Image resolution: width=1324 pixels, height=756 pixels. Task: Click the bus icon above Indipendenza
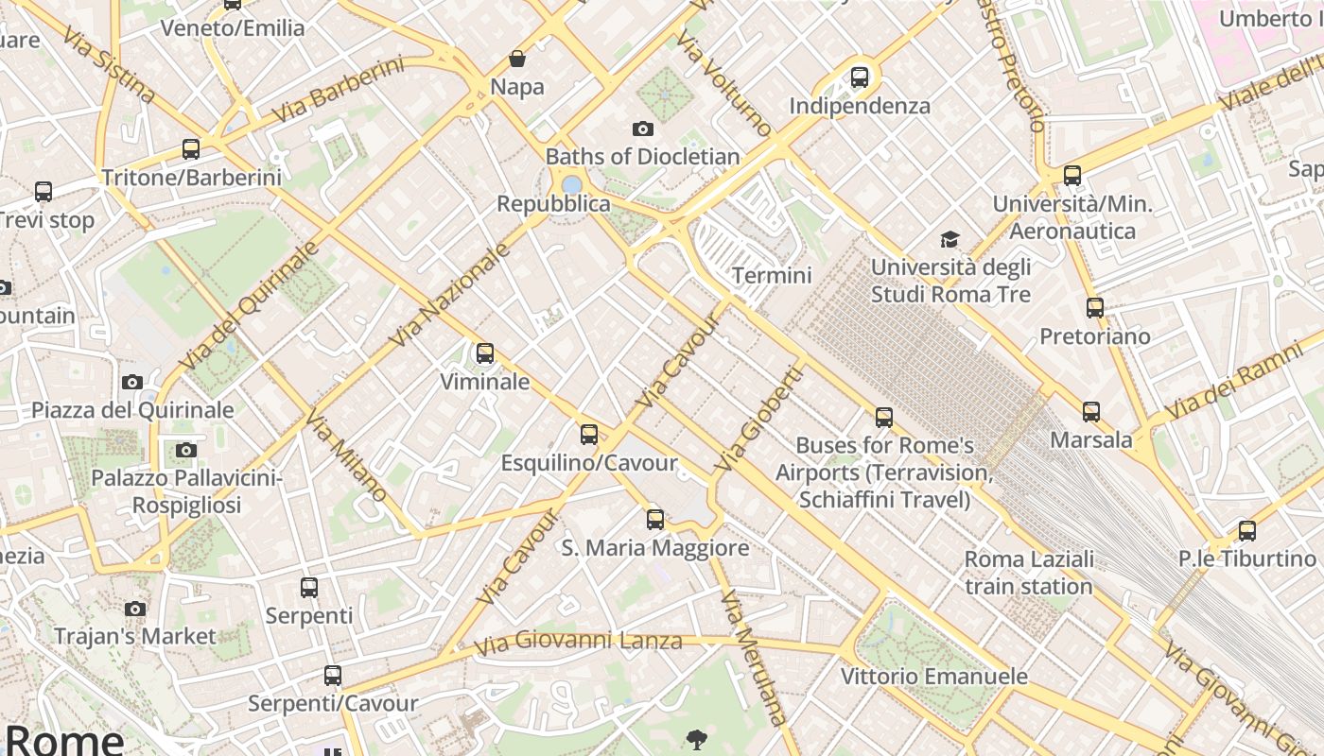[x=859, y=77]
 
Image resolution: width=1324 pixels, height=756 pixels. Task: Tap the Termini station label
[x=772, y=275]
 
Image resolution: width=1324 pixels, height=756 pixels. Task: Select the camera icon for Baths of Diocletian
[x=643, y=129]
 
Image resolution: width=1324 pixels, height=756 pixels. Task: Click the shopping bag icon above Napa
[x=517, y=59]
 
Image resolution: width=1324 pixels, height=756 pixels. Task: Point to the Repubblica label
[x=553, y=204]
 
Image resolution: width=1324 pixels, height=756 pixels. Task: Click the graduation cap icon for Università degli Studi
[x=949, y=240]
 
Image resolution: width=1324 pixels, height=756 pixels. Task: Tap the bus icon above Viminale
[x=485, y=353]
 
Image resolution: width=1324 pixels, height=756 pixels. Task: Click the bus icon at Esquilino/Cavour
[x=589, y=435]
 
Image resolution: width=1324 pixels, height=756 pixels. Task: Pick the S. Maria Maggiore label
[x=655, y=547]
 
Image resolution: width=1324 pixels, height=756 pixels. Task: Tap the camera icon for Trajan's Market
[x=135, y=609]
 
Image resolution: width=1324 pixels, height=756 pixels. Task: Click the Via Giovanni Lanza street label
[x=578, y=642]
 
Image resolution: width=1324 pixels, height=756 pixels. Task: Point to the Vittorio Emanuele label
[x=934, y=676]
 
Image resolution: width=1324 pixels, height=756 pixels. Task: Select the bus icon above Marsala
[x=1091, y=412]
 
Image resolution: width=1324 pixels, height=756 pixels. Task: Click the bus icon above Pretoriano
[x=1095, y=308]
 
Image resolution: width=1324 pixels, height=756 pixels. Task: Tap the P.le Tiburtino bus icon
[x=1247, y=531]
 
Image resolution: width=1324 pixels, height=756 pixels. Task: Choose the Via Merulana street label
[x=754, y=658]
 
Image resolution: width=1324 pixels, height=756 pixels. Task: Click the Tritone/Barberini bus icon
[x=191, y=149]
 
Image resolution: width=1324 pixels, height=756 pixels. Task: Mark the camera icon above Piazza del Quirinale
[x=132, y=382]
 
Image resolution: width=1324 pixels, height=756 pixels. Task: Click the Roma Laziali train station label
[x=1029, y=572]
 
